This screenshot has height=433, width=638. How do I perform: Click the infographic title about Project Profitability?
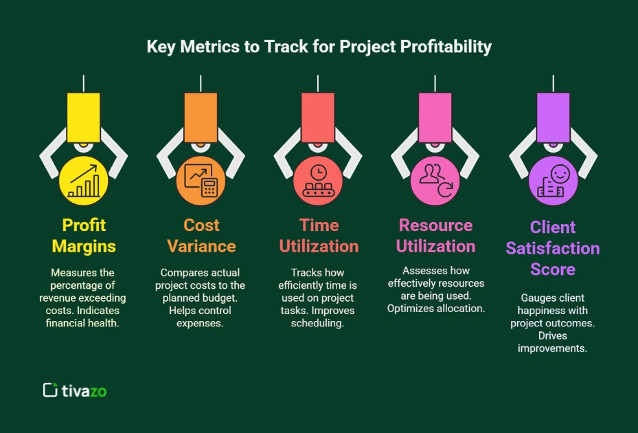point(319,47)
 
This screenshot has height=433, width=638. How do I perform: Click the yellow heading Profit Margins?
point(84,235)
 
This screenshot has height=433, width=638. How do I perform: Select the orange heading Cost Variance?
point(201,235)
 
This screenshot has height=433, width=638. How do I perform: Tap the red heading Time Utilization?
point(319,235)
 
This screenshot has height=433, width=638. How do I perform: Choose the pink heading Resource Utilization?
point(436,235)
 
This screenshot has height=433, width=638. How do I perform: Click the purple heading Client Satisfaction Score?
point(553,247)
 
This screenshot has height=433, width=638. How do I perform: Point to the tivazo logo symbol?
point(49,390)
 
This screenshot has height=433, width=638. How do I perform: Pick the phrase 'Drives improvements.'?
point(553,342)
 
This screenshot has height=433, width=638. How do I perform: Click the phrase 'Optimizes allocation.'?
point(436,309)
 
